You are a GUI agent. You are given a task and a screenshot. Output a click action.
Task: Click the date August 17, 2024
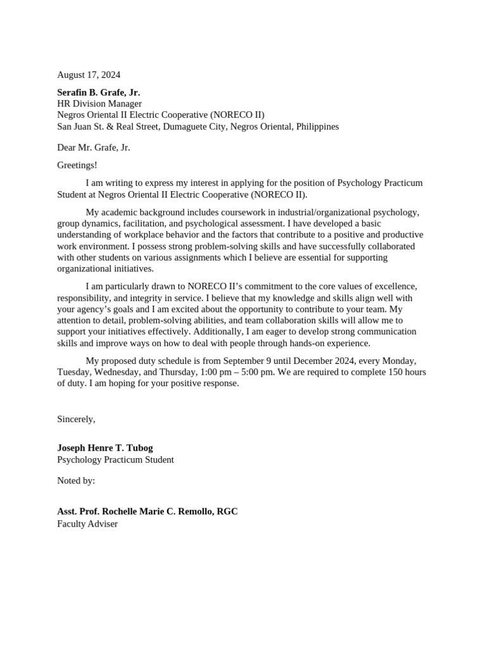pos(89,75)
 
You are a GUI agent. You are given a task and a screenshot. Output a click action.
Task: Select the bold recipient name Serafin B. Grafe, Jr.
pos(99,92)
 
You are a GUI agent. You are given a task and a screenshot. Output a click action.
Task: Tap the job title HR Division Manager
pos(99,104)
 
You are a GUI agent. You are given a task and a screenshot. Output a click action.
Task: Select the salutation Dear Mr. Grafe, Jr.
pos(94,147)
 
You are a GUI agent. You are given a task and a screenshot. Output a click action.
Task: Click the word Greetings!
pos(77,165)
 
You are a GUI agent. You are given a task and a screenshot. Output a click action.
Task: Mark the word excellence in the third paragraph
pos(395,287)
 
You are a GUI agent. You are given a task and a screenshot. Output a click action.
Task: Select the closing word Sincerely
pos(75,419)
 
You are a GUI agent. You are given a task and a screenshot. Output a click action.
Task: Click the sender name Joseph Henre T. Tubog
pos(105,448)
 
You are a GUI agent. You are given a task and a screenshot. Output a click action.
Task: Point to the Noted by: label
pos(76,480)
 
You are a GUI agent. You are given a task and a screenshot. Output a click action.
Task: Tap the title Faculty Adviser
pos(87,524)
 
